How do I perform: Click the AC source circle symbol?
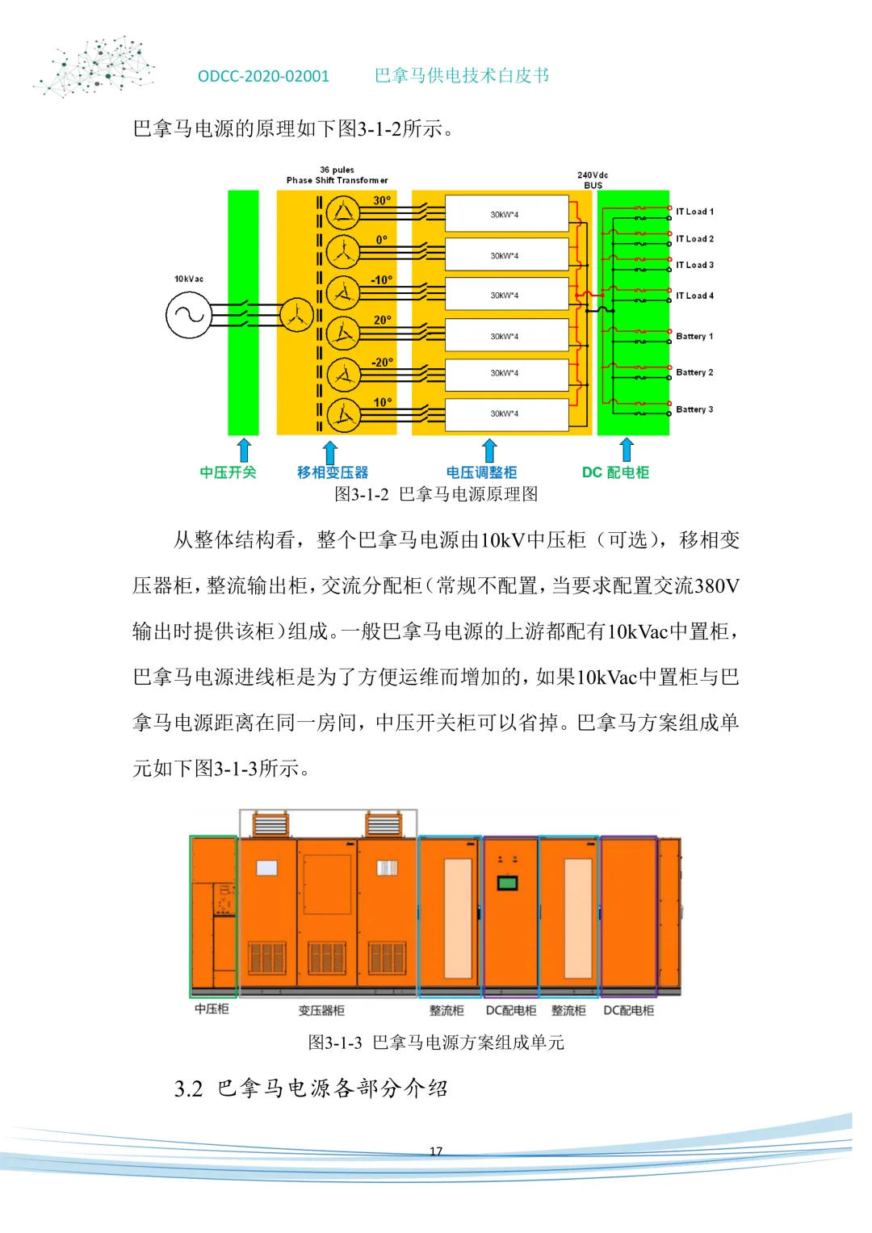(x=188, y=314)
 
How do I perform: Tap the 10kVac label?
(x=189, y=279)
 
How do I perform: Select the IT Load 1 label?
(x=694, y=212)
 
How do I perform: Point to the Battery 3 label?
(x=694, y=409)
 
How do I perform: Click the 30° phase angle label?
(x=382, y=200)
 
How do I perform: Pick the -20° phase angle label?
(x=382, y=363)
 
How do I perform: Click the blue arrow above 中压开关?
(x=244, y=450)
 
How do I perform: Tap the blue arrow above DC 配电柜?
(x=627, y=450)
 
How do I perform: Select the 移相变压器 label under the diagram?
(x=332, y=472)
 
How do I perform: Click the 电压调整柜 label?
(x=481, y=472)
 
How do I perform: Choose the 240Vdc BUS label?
(x=593, y=180)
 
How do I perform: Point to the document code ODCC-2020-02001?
(x=263, y=76)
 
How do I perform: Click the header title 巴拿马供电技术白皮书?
(x=462, y=75)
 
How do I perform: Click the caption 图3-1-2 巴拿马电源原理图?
(x=436, y=494)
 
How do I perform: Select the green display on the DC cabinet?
(x=507, y=883)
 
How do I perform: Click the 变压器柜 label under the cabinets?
(x=321, y=1010)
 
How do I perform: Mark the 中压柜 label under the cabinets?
(x=212, y=1009)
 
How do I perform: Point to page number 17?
(x=436, y=1151)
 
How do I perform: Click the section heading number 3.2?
(x=188, y=1088)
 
